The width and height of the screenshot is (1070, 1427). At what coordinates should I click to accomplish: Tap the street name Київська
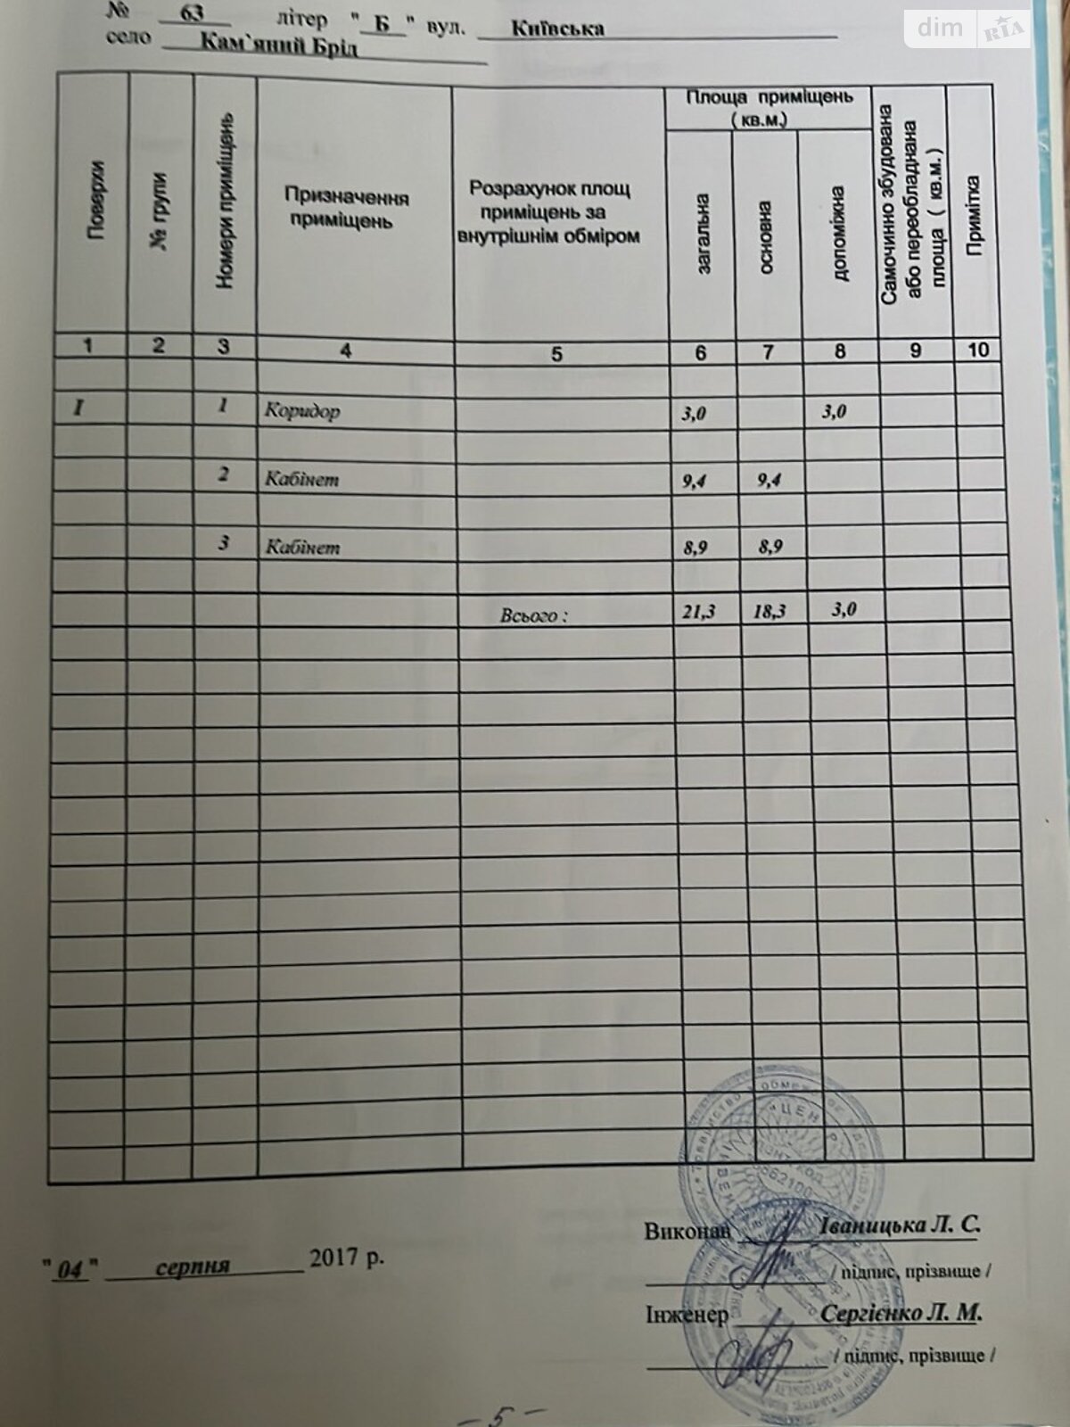[x=558, y=28]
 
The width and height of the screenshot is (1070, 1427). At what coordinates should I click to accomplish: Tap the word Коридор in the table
[x=302, y=411]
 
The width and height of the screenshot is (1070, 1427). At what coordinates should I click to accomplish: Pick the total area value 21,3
[x=698, y=612]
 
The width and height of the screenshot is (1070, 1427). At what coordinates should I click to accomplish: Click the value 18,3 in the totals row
[x=769, y=612]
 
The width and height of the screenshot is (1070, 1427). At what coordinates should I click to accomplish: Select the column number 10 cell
[x=978, y=350]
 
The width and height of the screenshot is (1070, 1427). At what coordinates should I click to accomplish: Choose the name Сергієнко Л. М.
[x=901, y=1313]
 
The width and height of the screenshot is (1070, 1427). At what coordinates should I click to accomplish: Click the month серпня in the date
[x=193, y=1266]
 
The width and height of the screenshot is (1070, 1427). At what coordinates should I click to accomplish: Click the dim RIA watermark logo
[x=967, y=29]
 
